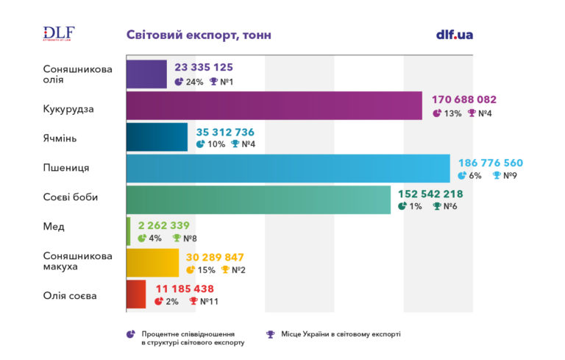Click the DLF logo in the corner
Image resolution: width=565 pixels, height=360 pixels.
pyautogui.click(x=59, y=34)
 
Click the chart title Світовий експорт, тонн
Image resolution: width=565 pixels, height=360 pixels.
pyautogui.click(x=199, y=35)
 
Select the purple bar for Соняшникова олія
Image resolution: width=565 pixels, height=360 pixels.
pyautogui.click(x=146, y=74)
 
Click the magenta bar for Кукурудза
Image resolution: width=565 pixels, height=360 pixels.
pyautogui.click(x=274, y=105)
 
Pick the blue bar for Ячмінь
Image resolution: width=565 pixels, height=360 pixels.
pyautogui.click(x=157, y=137)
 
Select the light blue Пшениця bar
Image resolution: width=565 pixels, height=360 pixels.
pyautogui.click(x=288, y=168)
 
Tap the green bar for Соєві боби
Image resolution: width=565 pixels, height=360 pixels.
pyautogui.click(x=258, y=200)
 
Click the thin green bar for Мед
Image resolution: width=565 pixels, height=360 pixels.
pyautogui.click(x=128, y=231)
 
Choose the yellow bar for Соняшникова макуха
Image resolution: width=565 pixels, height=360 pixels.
pyautogui.click(x=152, y=263)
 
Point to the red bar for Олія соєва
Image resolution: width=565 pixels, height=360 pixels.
pyautogui.click(x=136, y=294)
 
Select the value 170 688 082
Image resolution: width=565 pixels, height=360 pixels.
pyautogui.click(x=464, y=99)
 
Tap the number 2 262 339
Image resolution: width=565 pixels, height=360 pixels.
pyautogui.click(x=164, y=225)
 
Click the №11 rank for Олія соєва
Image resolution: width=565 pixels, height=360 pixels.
pyautogui.click(x=209, y=301)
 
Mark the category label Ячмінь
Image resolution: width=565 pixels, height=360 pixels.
pyautogui.click(x=60, y=138)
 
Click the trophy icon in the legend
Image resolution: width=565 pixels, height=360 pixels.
pyautogui.click(x=270, y=334)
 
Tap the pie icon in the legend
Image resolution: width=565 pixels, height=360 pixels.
pyautogui.click(x=130, y=334)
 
